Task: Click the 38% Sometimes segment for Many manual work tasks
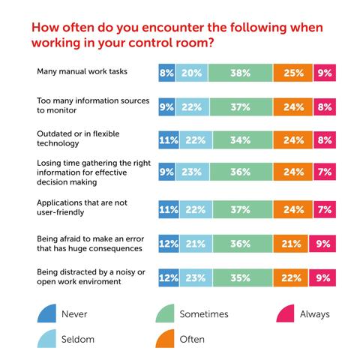(241, 73)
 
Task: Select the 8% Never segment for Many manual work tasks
(167, 73)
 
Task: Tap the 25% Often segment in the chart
(292, 73)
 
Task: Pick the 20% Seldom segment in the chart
(193, 73)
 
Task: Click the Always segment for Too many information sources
(324, 106)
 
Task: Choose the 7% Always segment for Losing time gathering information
(324, 172)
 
